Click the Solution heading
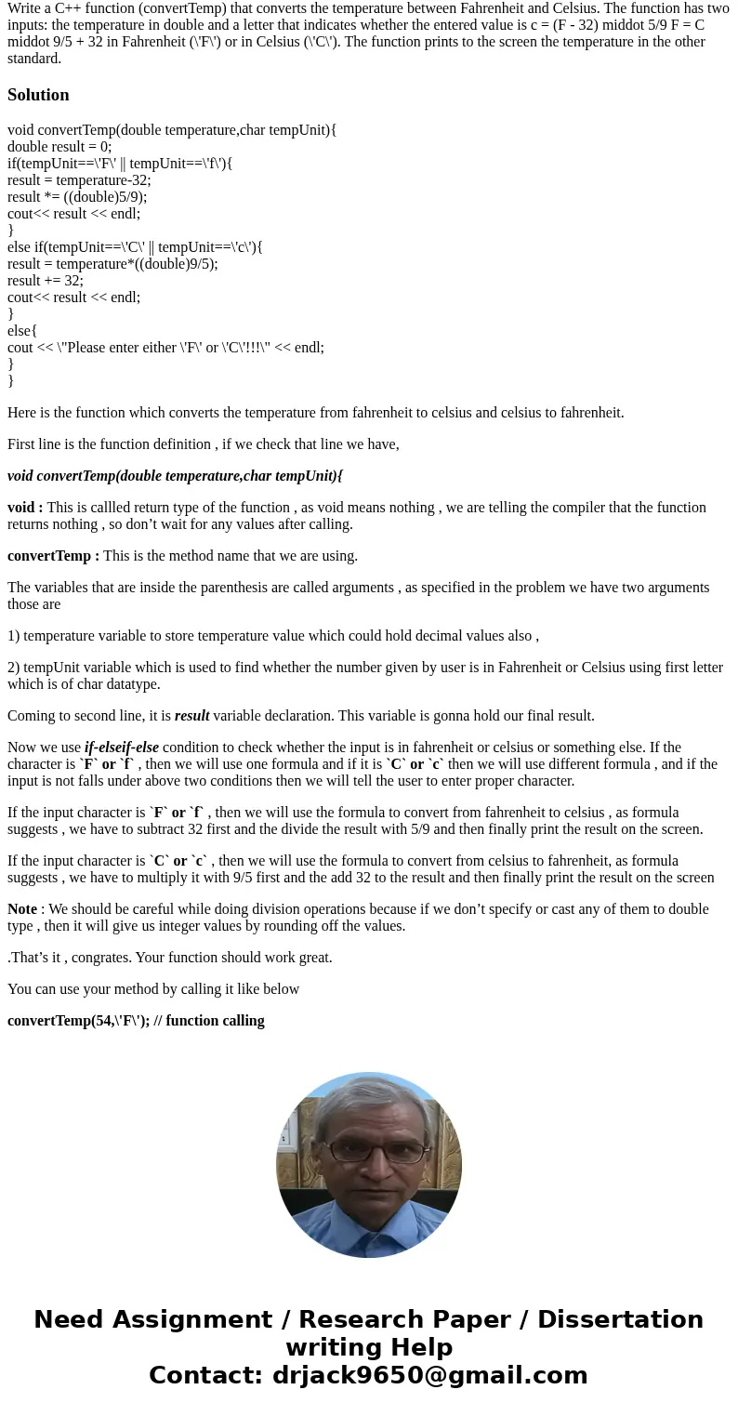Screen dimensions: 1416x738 (38, 95)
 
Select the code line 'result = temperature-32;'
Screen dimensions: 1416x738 (79, 180)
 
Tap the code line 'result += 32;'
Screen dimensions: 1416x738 (46, 281)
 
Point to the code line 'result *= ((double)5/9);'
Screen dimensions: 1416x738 (77, 197)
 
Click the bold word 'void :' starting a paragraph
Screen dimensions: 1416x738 (25, 508)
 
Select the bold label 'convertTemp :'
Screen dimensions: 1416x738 (53, 556)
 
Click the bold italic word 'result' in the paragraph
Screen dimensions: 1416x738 (191, 716)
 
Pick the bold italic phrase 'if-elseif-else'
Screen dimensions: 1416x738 (122, 748)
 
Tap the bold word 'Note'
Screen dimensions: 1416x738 (22, 909)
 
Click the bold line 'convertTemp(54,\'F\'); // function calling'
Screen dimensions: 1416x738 (136, 1021)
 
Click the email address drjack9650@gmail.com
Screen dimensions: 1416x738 (430, 1376)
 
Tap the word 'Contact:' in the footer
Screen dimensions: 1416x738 (206, 1376)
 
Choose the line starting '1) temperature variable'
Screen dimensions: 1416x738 (273, 636)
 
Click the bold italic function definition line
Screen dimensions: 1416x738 (176, 476)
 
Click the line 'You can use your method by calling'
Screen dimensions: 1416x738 (153, 989)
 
